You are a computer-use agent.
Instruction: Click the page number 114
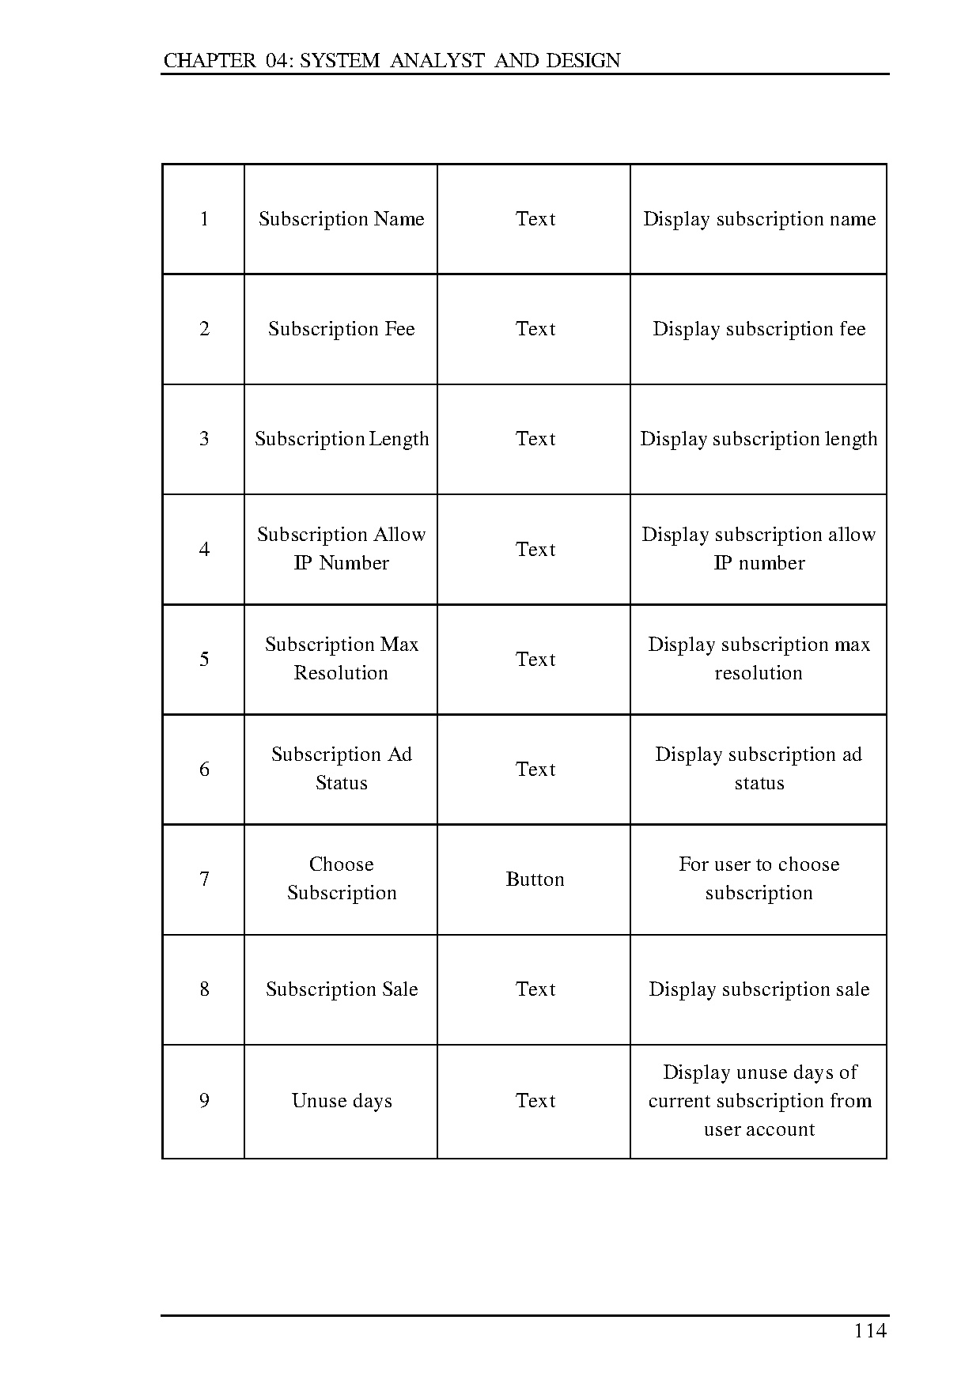[870, 1331]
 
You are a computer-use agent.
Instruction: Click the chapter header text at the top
[392, 61]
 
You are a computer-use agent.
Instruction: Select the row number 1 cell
[204, 219]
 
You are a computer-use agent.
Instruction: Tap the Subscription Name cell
[341, 219]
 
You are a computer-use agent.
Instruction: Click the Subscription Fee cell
[341, 329]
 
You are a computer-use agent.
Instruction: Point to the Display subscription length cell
[759, 439]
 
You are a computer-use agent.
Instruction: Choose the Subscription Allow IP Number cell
[341, 549]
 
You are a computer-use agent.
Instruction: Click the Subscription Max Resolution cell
[341, 659]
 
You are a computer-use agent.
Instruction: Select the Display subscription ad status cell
[759, 769]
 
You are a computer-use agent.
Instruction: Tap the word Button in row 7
[535, 879]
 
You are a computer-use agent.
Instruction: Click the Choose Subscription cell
[341, 879]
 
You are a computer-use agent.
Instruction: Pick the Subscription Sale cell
[341, 989]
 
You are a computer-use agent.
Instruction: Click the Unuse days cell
[341, 1101]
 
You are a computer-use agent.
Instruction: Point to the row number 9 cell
[204, 1101]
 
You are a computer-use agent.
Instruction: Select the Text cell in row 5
[535, 660]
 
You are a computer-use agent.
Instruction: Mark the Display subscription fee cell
[759, 329]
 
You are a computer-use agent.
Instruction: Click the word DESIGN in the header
[583, 61]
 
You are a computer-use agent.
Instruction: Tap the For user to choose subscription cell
[759, 879]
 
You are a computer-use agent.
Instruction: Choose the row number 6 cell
[204, 770]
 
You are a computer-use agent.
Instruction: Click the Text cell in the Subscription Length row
[535, 439]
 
